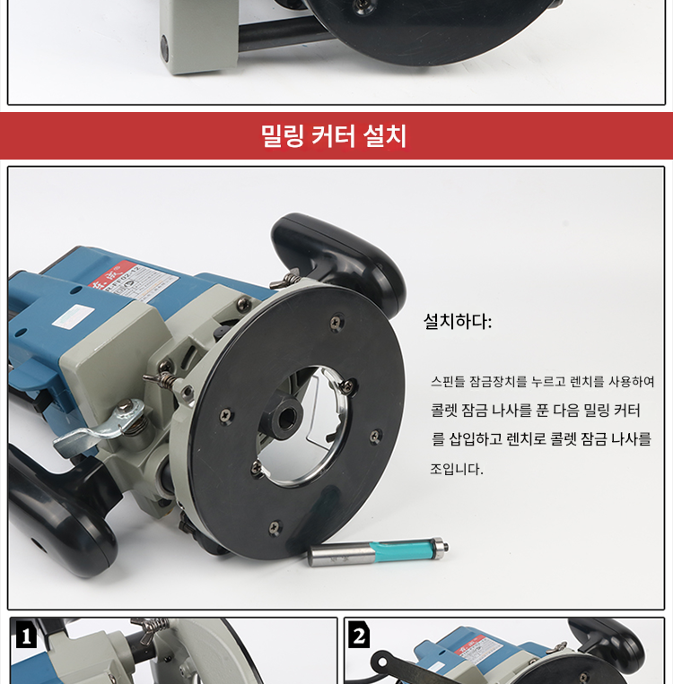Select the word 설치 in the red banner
385,135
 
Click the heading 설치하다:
458,322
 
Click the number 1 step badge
26,635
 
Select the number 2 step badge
359,635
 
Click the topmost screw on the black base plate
336,322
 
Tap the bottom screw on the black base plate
275,527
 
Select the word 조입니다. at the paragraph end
457,469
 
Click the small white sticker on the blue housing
74,316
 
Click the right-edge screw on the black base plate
375,436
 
